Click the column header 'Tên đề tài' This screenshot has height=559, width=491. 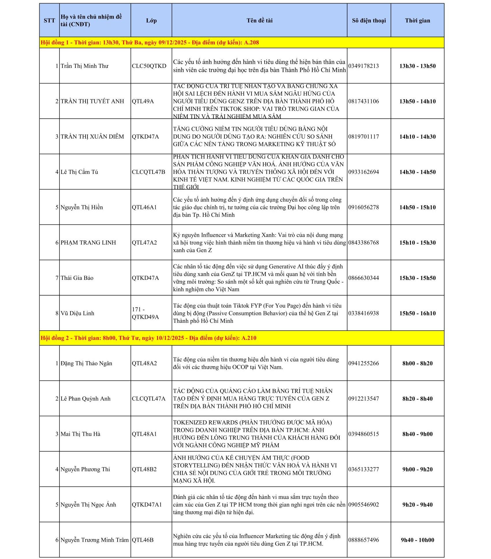point(259,21)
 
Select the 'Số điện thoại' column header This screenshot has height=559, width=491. point(369,21)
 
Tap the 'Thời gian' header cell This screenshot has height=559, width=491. point(417,21)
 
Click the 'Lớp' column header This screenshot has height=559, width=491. point(151,21)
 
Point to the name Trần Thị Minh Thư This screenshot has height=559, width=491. point(84,66)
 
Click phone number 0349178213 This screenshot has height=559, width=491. point(364,66)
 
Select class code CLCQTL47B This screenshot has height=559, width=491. point(148,172)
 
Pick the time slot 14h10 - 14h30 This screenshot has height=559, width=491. point(417,137)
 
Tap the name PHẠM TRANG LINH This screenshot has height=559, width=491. point(88,243)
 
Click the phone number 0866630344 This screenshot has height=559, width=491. point(364,278)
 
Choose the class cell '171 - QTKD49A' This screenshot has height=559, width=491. point(145,313)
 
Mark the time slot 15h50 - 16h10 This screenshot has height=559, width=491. point(417,314)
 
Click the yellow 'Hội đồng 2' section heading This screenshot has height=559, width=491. point(148,338)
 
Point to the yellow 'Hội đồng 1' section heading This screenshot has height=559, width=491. point(150,43)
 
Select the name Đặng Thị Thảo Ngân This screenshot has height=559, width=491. point(86,364)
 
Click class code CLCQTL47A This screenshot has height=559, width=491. point(148,399)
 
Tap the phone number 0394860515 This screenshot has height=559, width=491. point(364,434)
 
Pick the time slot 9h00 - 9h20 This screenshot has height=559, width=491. point(417,469)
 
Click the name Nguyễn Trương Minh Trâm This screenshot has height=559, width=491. point(94,540)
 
